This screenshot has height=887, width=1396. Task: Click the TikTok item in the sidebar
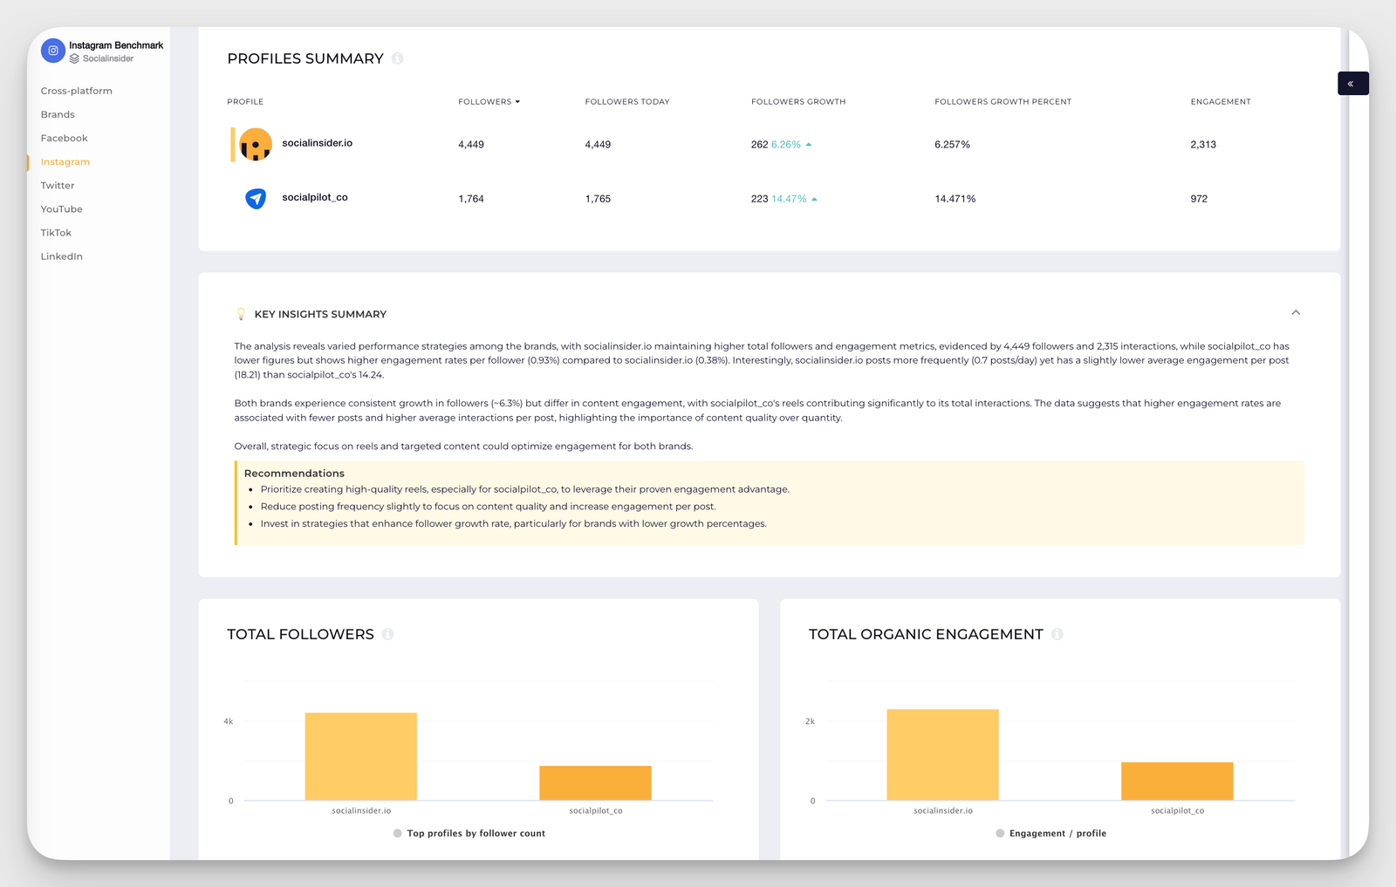tap(56, 233)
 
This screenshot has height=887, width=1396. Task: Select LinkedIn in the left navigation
tap(61, 256)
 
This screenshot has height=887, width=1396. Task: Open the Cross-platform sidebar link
tap(76, 91)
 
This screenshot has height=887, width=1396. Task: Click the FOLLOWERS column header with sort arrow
tap(489, 102)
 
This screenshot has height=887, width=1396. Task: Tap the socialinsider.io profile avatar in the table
tap(256, 144)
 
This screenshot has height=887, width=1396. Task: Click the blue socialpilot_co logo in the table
tap(256, 199)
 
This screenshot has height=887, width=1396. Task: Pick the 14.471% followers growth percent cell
tap(955, 199)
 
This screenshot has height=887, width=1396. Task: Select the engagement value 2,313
tap(1202, 145)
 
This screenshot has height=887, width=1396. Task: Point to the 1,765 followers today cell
tap(598, 199)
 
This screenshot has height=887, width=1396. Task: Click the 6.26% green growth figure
tap(786, 145)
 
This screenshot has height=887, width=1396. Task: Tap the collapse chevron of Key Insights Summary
tap(1296, 312)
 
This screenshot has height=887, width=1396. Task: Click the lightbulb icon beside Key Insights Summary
tap(241, 314)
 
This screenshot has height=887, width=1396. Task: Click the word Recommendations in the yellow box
tap(294, 474)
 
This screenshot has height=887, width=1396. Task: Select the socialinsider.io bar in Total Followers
tap(360, 756)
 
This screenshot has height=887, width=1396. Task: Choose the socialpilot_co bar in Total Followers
tap(595, 782)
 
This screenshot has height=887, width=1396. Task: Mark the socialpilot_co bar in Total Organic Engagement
tap(1176, 781)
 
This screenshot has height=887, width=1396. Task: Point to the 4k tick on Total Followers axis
tap(228, 721)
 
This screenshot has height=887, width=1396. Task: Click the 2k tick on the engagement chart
tap(810, 721)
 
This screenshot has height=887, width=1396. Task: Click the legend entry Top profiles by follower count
tap(476, 834)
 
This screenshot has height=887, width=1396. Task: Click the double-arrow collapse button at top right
tap(1352, 84)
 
